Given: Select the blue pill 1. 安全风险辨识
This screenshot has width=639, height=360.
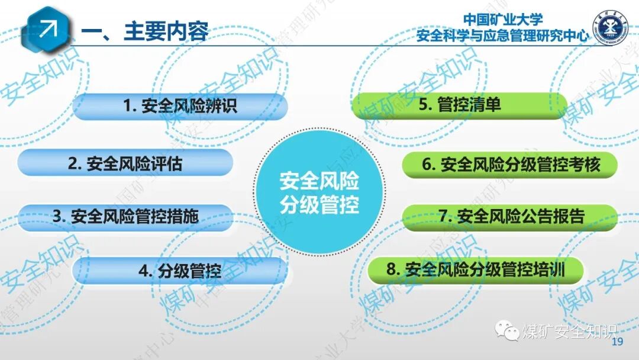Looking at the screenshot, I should [x=180, y=107].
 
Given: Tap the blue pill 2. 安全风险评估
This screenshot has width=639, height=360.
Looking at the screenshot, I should [x=125, y=163].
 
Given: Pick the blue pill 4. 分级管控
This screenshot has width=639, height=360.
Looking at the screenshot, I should [x=180, y=271].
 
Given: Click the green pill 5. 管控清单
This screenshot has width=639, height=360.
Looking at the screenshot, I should [x=459, y=105].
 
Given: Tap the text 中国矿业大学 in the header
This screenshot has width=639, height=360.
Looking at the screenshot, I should [x=503, y=20].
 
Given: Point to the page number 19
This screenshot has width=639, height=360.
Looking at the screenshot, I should [x=618, y=342].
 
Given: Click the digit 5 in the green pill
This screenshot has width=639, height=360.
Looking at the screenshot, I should [x=424, y=105].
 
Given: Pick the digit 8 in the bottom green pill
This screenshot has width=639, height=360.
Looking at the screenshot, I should [x=390, y=271].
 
